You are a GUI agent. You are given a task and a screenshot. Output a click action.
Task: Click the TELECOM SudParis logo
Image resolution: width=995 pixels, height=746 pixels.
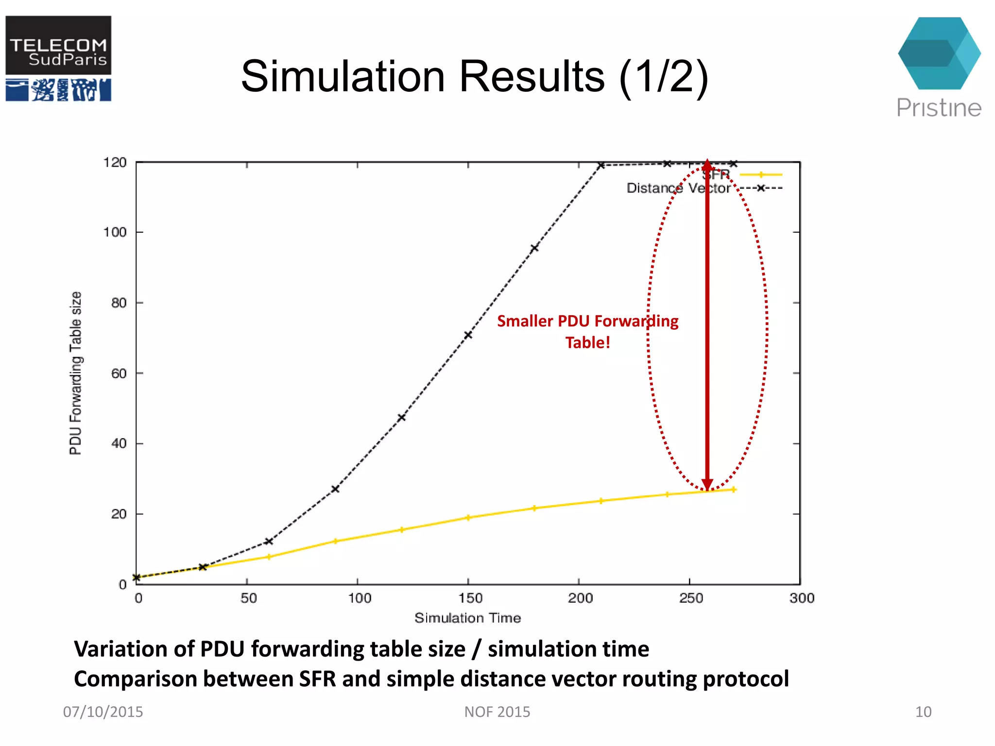coord(58,58)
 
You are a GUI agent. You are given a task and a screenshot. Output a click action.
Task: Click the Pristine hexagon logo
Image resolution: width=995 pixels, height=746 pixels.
coord(939,53)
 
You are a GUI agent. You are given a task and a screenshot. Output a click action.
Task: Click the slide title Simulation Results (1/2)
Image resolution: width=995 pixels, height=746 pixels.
coord(474,76)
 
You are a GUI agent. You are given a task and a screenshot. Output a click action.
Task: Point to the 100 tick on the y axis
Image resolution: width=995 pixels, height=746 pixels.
coord(115,232)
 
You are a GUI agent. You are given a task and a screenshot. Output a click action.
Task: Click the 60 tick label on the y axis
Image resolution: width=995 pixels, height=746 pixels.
coord(119,373)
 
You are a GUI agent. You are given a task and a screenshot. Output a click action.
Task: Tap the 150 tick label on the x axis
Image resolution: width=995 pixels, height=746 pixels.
coord(470,598)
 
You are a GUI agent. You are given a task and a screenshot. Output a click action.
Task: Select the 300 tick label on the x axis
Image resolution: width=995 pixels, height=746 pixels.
coord(802,598)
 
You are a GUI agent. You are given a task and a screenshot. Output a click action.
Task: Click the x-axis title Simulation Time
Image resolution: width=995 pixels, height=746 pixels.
coord(467,618)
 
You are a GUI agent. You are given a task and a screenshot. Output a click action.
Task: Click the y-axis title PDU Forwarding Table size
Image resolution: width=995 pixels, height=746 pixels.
coord(75,373)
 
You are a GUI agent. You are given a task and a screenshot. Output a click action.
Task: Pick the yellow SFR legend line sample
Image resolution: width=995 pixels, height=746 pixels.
coord(761,174)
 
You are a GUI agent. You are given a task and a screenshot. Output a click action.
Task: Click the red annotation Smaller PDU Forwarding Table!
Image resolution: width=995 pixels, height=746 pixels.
coord(587,331)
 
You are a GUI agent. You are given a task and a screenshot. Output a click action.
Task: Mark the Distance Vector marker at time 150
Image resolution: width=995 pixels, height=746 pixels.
coord(468,335)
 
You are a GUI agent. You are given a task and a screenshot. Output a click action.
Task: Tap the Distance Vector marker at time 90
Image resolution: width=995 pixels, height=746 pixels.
coord(335,489)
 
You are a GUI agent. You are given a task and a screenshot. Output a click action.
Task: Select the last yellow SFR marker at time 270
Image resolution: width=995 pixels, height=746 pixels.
coord(734,490)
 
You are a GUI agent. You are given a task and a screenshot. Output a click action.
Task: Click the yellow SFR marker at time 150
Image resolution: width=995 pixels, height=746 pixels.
coord(468,518)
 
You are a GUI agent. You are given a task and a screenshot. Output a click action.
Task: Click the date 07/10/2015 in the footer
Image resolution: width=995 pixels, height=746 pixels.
coord(103,712)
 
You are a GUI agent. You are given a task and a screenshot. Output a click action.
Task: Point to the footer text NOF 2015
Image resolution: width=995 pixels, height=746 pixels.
coord(497,712)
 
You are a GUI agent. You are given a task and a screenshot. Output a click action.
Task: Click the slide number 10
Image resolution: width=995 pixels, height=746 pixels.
coord(923,712)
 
